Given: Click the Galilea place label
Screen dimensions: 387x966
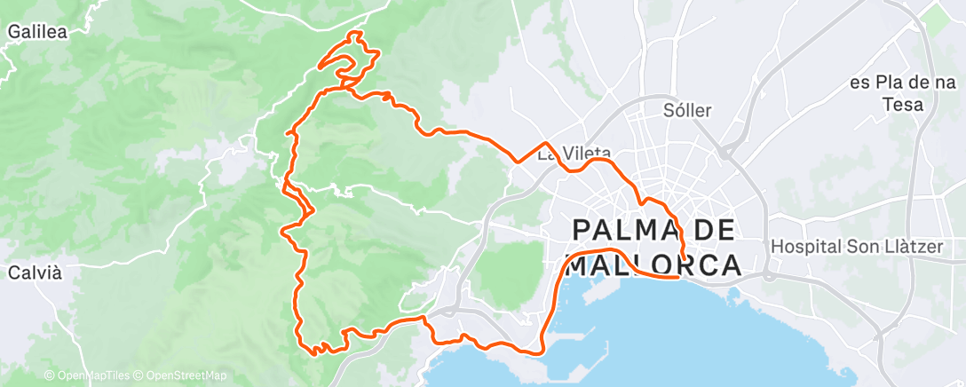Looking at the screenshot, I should pos(37,30).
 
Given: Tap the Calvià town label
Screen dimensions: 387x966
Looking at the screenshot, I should pos(35,272).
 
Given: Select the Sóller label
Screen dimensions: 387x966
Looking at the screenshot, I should pos(688,110).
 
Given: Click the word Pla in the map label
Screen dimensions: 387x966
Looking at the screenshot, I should pos(883,83).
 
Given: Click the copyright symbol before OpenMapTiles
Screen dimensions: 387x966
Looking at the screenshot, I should pos(49,376).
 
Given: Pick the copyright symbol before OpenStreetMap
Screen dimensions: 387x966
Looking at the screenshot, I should pos(140,376).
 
